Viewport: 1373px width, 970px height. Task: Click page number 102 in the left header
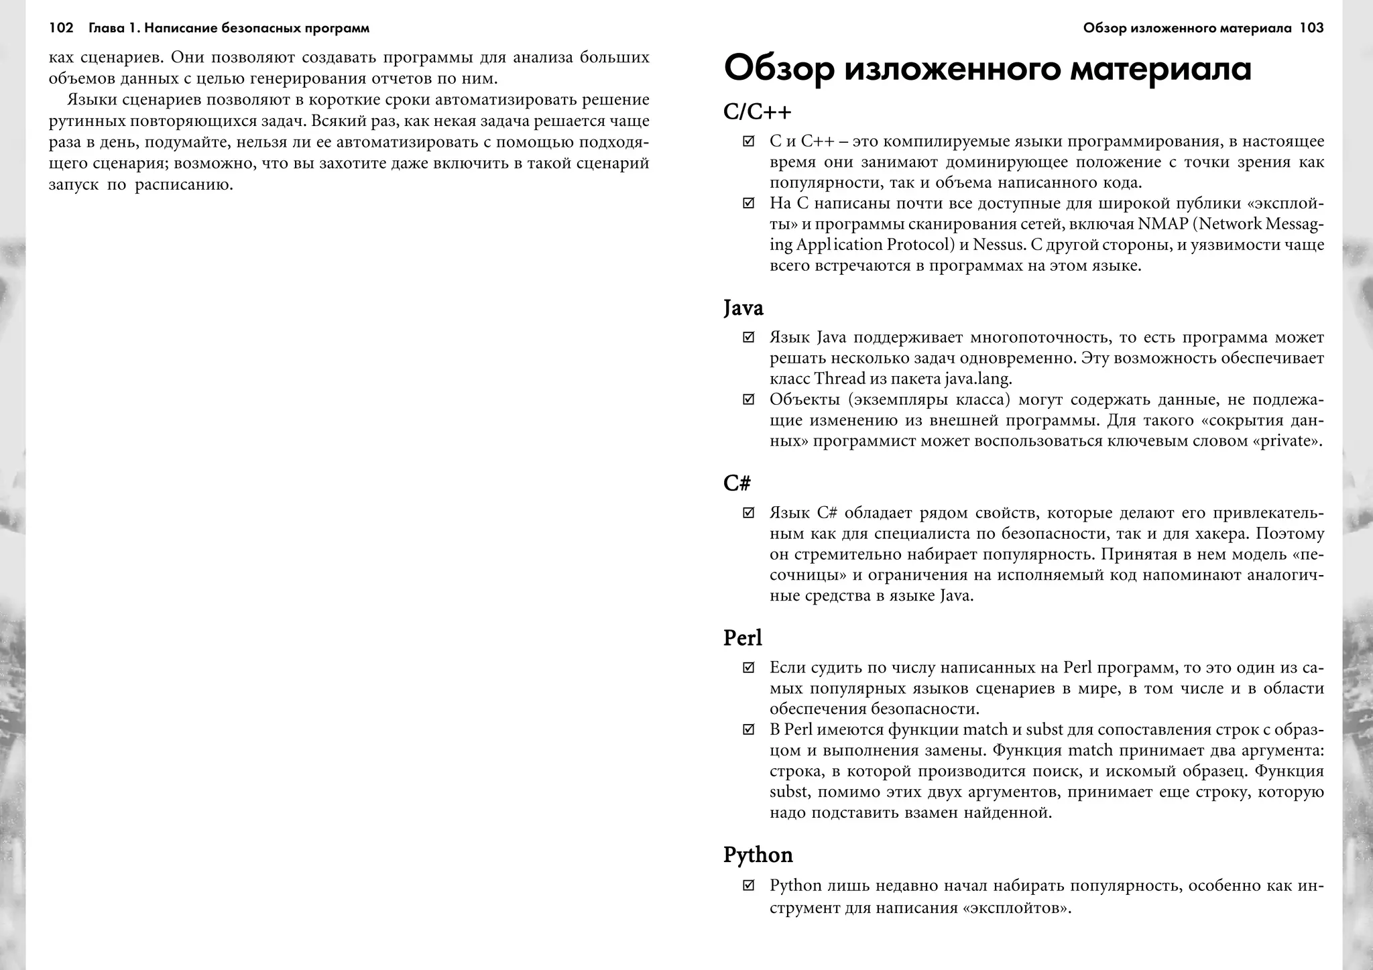point(61,28)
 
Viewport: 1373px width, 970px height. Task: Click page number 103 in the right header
point(1311,28)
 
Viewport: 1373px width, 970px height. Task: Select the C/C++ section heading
point(758,112)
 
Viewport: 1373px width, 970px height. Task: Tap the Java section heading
point(743,308)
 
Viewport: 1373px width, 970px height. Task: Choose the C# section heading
point(737,483)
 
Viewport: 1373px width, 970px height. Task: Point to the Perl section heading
point(743,638)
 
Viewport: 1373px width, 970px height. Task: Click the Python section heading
point(758,855)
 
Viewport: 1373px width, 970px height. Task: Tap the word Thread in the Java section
point(839,379)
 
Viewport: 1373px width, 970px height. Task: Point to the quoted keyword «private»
point(1287,441)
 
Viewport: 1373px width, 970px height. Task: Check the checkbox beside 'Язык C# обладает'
point(749,513)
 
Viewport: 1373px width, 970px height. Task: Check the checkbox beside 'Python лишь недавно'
point(749,886)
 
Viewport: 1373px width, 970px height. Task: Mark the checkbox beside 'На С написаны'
point(749,203)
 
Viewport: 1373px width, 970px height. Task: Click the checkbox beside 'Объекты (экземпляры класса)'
point(749,400)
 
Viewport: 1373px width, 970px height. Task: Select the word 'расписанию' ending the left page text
point(184,185)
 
